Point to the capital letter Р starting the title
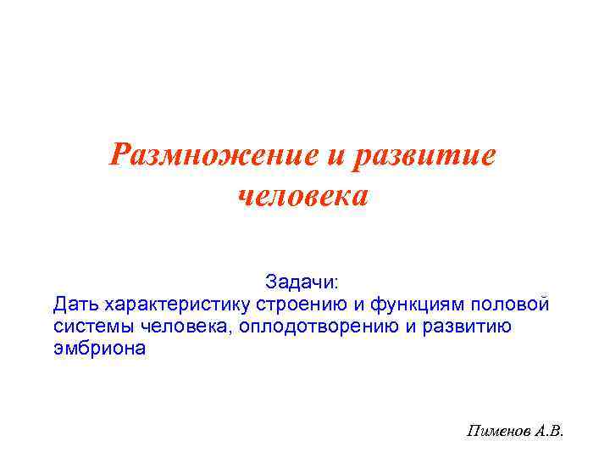(123, 156)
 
